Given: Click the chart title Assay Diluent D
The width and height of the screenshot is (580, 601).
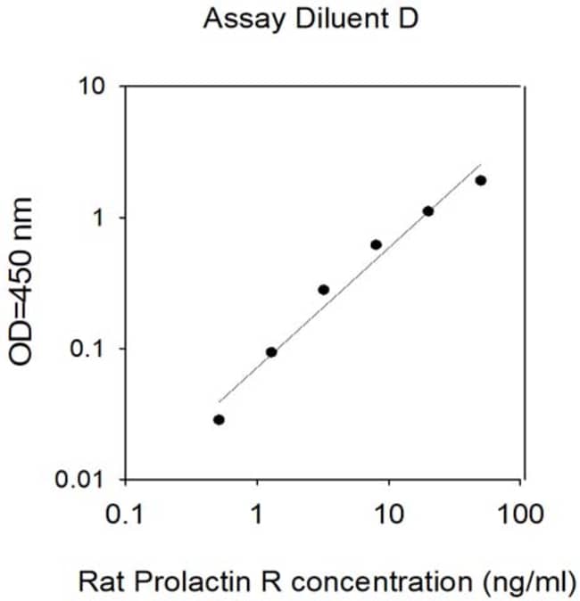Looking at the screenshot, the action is (x=311, y=19).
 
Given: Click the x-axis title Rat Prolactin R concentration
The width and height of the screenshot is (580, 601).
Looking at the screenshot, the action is (x=276, y=581).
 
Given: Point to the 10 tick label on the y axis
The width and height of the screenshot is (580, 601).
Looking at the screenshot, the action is (x=92, y=86).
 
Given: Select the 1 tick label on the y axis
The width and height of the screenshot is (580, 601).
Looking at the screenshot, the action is (x=99, y=218).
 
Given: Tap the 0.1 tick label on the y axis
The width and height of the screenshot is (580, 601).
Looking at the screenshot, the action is (x=87, y=350).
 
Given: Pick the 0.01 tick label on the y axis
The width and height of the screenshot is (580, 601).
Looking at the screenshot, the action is (x=79, y=479).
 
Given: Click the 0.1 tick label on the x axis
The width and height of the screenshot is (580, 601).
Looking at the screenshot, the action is (x=125, y=514).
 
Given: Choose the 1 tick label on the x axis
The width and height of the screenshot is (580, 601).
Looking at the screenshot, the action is (x=257, y=514).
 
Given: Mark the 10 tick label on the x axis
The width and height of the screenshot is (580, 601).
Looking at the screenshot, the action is (x=389, y=514).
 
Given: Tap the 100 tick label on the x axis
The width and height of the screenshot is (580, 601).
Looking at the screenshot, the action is (x=520, y=514).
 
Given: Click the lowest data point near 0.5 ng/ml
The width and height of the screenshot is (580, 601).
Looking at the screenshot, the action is (x=219, y=420).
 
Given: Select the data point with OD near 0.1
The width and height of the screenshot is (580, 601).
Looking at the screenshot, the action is (x=271, y=352).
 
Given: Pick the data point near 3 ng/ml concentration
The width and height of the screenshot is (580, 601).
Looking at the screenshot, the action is (x=324, y=290).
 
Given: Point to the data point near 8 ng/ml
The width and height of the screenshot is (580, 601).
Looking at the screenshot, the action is (x=377, y=244).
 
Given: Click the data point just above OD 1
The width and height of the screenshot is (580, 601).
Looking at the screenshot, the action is (x=428, y=211).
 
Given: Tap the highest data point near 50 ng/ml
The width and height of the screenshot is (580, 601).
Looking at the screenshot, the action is (x=481, y=180).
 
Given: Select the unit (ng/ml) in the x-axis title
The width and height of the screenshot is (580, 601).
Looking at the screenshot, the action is (x=530, y=582).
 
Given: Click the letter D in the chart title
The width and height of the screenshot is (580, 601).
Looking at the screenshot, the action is (x=409, y=19).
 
